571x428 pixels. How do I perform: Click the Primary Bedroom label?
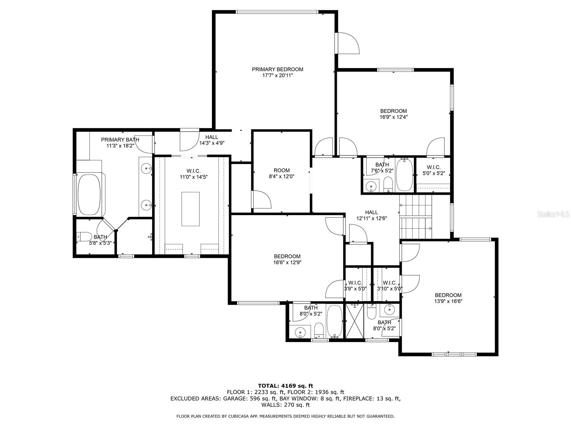point(277,70)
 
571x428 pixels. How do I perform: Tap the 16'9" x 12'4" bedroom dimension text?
point(393,117)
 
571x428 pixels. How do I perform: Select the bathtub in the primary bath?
point(89,194)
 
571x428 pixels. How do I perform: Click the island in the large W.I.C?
point(191,209)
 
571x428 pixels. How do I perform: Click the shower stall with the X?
point(354,321)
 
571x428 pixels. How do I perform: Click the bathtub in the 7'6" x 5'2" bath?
point(404,175)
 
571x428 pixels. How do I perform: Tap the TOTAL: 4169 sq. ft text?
point(285,386)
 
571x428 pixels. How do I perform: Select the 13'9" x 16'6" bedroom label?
point(448,298)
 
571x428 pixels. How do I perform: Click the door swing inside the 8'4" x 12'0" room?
point(262,200)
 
